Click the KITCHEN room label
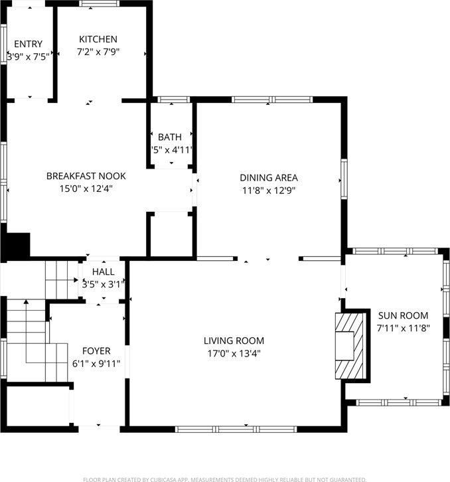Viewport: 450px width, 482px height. coord(98,39)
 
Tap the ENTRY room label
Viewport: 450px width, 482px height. coord(28,44)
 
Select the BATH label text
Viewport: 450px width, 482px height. coord(170,137)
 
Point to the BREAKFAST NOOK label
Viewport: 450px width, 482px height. coord(86,176)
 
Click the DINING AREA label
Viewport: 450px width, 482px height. coord(269,177)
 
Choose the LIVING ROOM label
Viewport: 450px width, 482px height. coord(234,341)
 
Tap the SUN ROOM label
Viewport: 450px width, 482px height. coord(403,315)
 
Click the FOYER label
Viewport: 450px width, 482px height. coord(96,351)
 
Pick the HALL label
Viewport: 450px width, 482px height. coord(104,272)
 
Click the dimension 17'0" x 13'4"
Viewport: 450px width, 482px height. coord(234,353)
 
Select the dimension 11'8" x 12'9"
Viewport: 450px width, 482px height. coord(269,190)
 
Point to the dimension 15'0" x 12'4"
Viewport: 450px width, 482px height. coord(86,189)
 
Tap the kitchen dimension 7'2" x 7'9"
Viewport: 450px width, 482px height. coord(98,52)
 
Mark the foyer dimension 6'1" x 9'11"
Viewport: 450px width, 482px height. coord(96,363)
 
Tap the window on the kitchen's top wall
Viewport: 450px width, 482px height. coord(99,3)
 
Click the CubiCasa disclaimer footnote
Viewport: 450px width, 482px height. coord(224,478)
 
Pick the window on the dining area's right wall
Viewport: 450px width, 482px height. coord(344,179)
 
